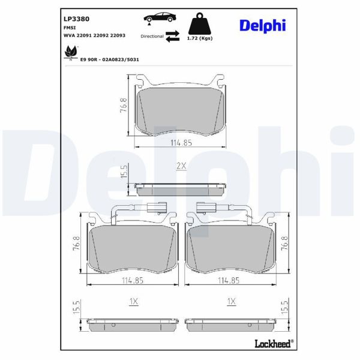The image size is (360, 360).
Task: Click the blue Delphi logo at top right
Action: (x=262, y=25)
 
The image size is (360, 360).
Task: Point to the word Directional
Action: (x=152, y=37)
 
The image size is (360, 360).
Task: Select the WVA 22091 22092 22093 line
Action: (x=94, y=36)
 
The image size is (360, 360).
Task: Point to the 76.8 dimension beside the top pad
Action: (x=122, y=105)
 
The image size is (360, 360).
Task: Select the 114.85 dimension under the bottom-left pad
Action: (x=133, y=280)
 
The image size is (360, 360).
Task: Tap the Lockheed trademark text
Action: (x=275, y=344)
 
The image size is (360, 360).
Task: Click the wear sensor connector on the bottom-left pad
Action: (x=154, y=209)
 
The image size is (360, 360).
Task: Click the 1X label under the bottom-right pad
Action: (x=230, y=302)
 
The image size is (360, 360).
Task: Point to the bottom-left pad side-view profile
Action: (x=133, y=325)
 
